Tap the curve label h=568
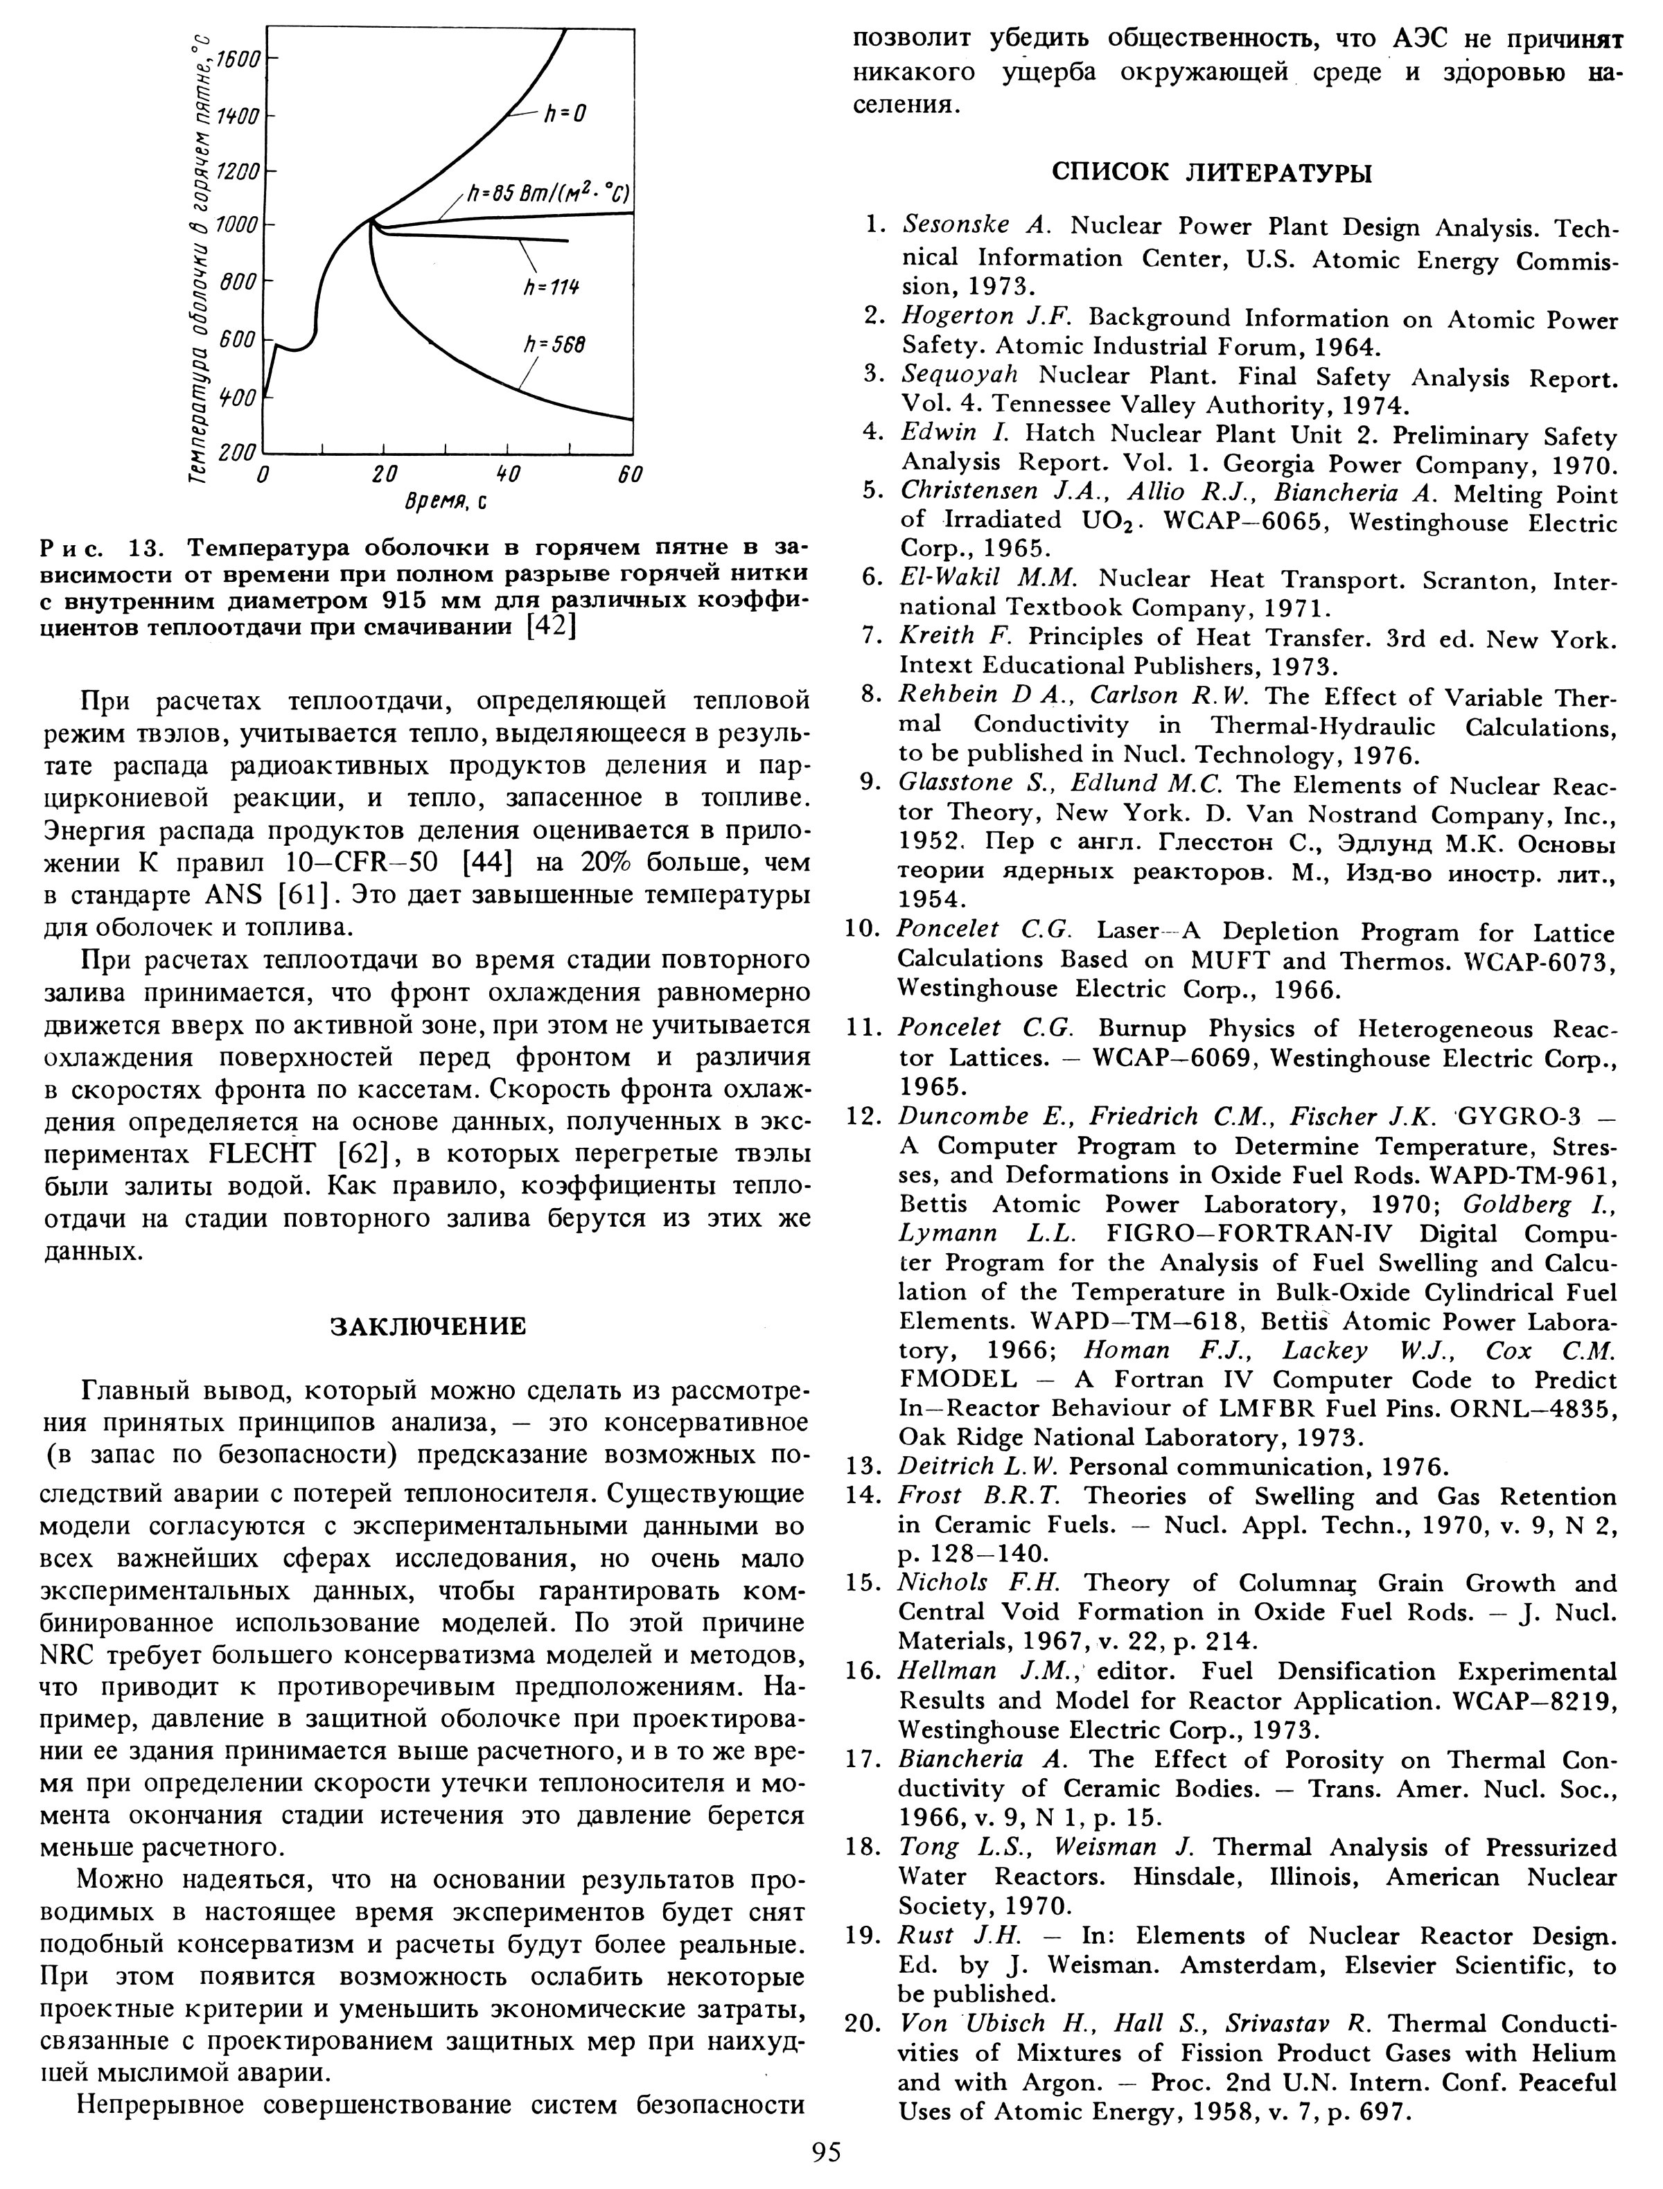click(x=554, y=344)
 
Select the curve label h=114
click(x=552, y=286)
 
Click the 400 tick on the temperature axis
click(x=238, y=397)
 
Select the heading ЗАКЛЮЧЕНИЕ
click(x=427, y=1326)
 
